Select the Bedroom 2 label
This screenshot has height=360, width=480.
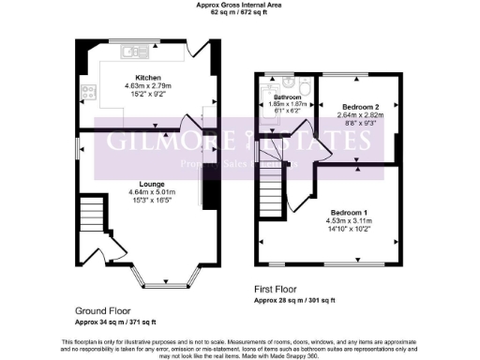tap(355, 107)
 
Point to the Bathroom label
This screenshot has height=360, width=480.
tap(286, 97)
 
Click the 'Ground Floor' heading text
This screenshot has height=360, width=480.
tap(102, 309)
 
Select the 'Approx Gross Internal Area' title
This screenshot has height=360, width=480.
tap(239, 6)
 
